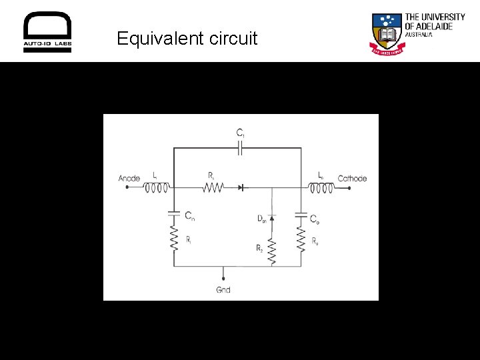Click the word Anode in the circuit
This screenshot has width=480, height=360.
(x=129, y=178)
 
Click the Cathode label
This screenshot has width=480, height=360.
(x=352, y=178)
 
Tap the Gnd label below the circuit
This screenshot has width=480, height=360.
(x=223, y=290)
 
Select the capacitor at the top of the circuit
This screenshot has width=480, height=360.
(x=240, y=149)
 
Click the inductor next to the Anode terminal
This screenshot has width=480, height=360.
(x=157, y=188)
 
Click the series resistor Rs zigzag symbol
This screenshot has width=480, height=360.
(x=212, y=188)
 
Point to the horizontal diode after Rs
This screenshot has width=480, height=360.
(x=241, y=188)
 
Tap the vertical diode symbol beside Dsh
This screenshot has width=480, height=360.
(x=272, y=217)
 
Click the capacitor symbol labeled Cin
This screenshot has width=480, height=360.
(x=174, y=214)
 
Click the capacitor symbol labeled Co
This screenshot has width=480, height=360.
(x=301, y=216)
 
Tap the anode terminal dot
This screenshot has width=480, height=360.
(x=127, y=188)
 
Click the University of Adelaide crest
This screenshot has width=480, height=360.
(x=386, y=33)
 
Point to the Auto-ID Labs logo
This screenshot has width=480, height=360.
(x=47, y=32)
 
